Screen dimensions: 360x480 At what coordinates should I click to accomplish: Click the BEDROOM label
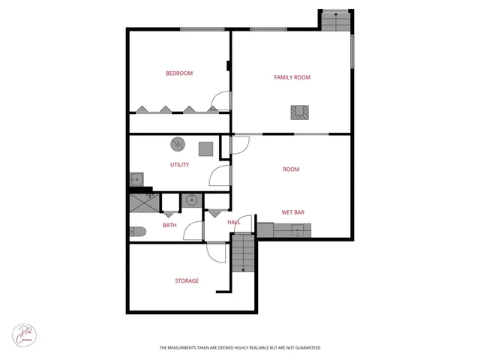pyautogui.click(x=179, y=73)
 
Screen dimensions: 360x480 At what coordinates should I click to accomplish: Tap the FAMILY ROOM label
pyautogui.click(x=292, y=77)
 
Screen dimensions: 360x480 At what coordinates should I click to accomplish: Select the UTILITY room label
pyautogui.click(x=179, y=165)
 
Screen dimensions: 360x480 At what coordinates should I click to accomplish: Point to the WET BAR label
pyautogui.click(x=292, y=212)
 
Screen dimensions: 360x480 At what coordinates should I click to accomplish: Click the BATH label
pyautogui.click(x=170, y=225)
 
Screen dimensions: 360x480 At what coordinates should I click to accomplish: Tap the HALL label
pyautogui.click(x=233, y=223)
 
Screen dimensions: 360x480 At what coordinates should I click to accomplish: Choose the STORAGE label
pyautogui.click(x=187, y=281)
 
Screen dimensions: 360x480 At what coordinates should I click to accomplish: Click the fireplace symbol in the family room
pyautogui.click(x=299, y=113)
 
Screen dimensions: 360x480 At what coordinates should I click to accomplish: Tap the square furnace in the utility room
pyautogui.click(x=205, y=148)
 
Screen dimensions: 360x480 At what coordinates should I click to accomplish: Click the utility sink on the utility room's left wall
pyautogui.click(x=136, y=179)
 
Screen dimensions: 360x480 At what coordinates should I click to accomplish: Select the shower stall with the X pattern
pyautogui.click(x=144, y=203)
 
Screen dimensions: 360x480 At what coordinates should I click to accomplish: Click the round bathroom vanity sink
pyautogui.click(x=191, y=201)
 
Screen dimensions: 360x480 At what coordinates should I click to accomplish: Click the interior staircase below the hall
pyautogui.click(x=243, y=253)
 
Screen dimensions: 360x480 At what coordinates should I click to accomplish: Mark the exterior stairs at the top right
pyautogui.click(x=335, y=20)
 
